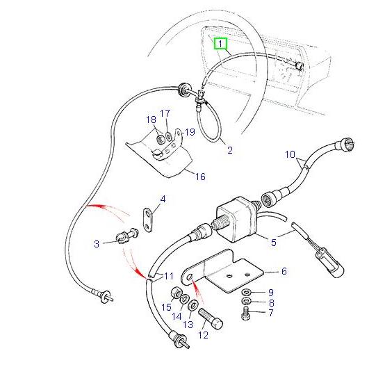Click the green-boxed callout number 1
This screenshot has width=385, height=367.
(221, 44)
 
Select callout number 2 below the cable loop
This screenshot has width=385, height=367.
(230, 149)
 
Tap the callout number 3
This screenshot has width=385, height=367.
(98, 243)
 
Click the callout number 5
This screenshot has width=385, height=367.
(273, 242)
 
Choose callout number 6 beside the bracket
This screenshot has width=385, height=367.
(284, 272)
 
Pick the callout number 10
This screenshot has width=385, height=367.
(270, 313)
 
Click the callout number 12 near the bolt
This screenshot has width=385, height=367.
(203, 335)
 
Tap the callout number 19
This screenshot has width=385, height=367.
(189, 131)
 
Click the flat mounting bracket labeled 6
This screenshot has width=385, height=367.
(229, 275)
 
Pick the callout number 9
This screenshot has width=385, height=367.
(270, 292)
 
